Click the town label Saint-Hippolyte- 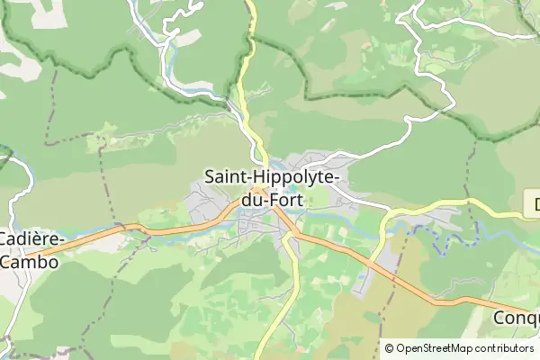271,178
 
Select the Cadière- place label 30,241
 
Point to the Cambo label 29,262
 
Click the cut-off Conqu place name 517,318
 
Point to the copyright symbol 390,348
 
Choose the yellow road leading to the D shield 450,203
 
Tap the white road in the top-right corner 423,40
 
